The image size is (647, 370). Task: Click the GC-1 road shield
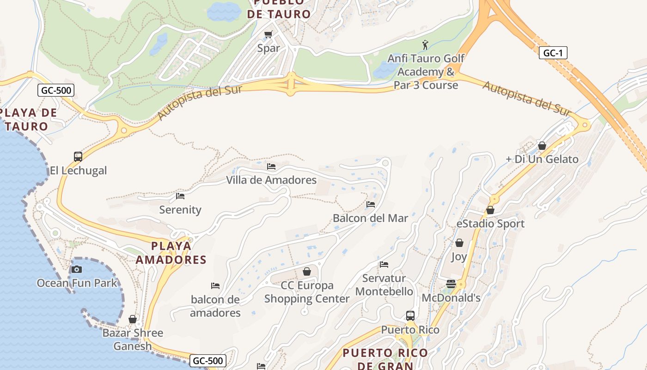pyautogui.click(x=553, y=53)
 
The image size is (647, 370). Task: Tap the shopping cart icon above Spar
pyautogui.click(x=268, y=34)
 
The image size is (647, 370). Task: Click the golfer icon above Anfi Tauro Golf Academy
pyautogui.click(x=425, y=45)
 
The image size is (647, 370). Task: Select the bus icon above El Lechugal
pyautogui.click(x=78, y=157)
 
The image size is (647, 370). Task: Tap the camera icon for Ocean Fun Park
pyautogui.click(x=77, y=269)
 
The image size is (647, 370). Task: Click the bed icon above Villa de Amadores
pyautogui.click(x=271, y=166)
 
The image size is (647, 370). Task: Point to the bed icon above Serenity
pyautogui.click(x=180, y=196)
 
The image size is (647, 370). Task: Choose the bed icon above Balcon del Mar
pyautogui.click(x=371, y=204)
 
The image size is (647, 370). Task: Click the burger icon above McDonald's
pyautogui.click(x=451, y=284)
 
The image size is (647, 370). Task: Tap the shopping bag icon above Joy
pyautogui.click(x=459, y=243)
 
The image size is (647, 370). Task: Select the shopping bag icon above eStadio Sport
pyautogui.click(x=490, y=210)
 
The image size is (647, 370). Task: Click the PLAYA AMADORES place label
pyautogui.click(x=171, y=253)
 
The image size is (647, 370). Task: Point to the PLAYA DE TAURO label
pyautogui.click(x=29, y=119)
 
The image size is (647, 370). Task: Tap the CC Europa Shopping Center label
pyautogui.click(x=307, y=292)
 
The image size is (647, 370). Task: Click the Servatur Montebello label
pyautogui.click(x=384, y=285)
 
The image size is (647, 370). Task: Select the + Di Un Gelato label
pyautogui.click(x=542, y=159)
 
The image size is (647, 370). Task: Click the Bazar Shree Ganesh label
pyautogui.click(x=133, y=339)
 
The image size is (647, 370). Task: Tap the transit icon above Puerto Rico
pyautogui.click(x=410, y=316)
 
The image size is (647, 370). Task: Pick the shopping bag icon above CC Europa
pyautogui.click(x=306, y=271)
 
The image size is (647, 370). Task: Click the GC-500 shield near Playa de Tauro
pyautogui.click(x=56, y=90)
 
